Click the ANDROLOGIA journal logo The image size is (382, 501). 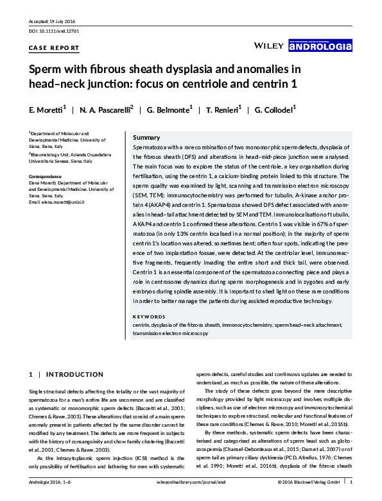[x=320, y=45]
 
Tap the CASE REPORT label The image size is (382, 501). [x=55, y=48]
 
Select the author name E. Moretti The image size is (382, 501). [x=46, y=110]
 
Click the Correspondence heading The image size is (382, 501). [x=49, y=176]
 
